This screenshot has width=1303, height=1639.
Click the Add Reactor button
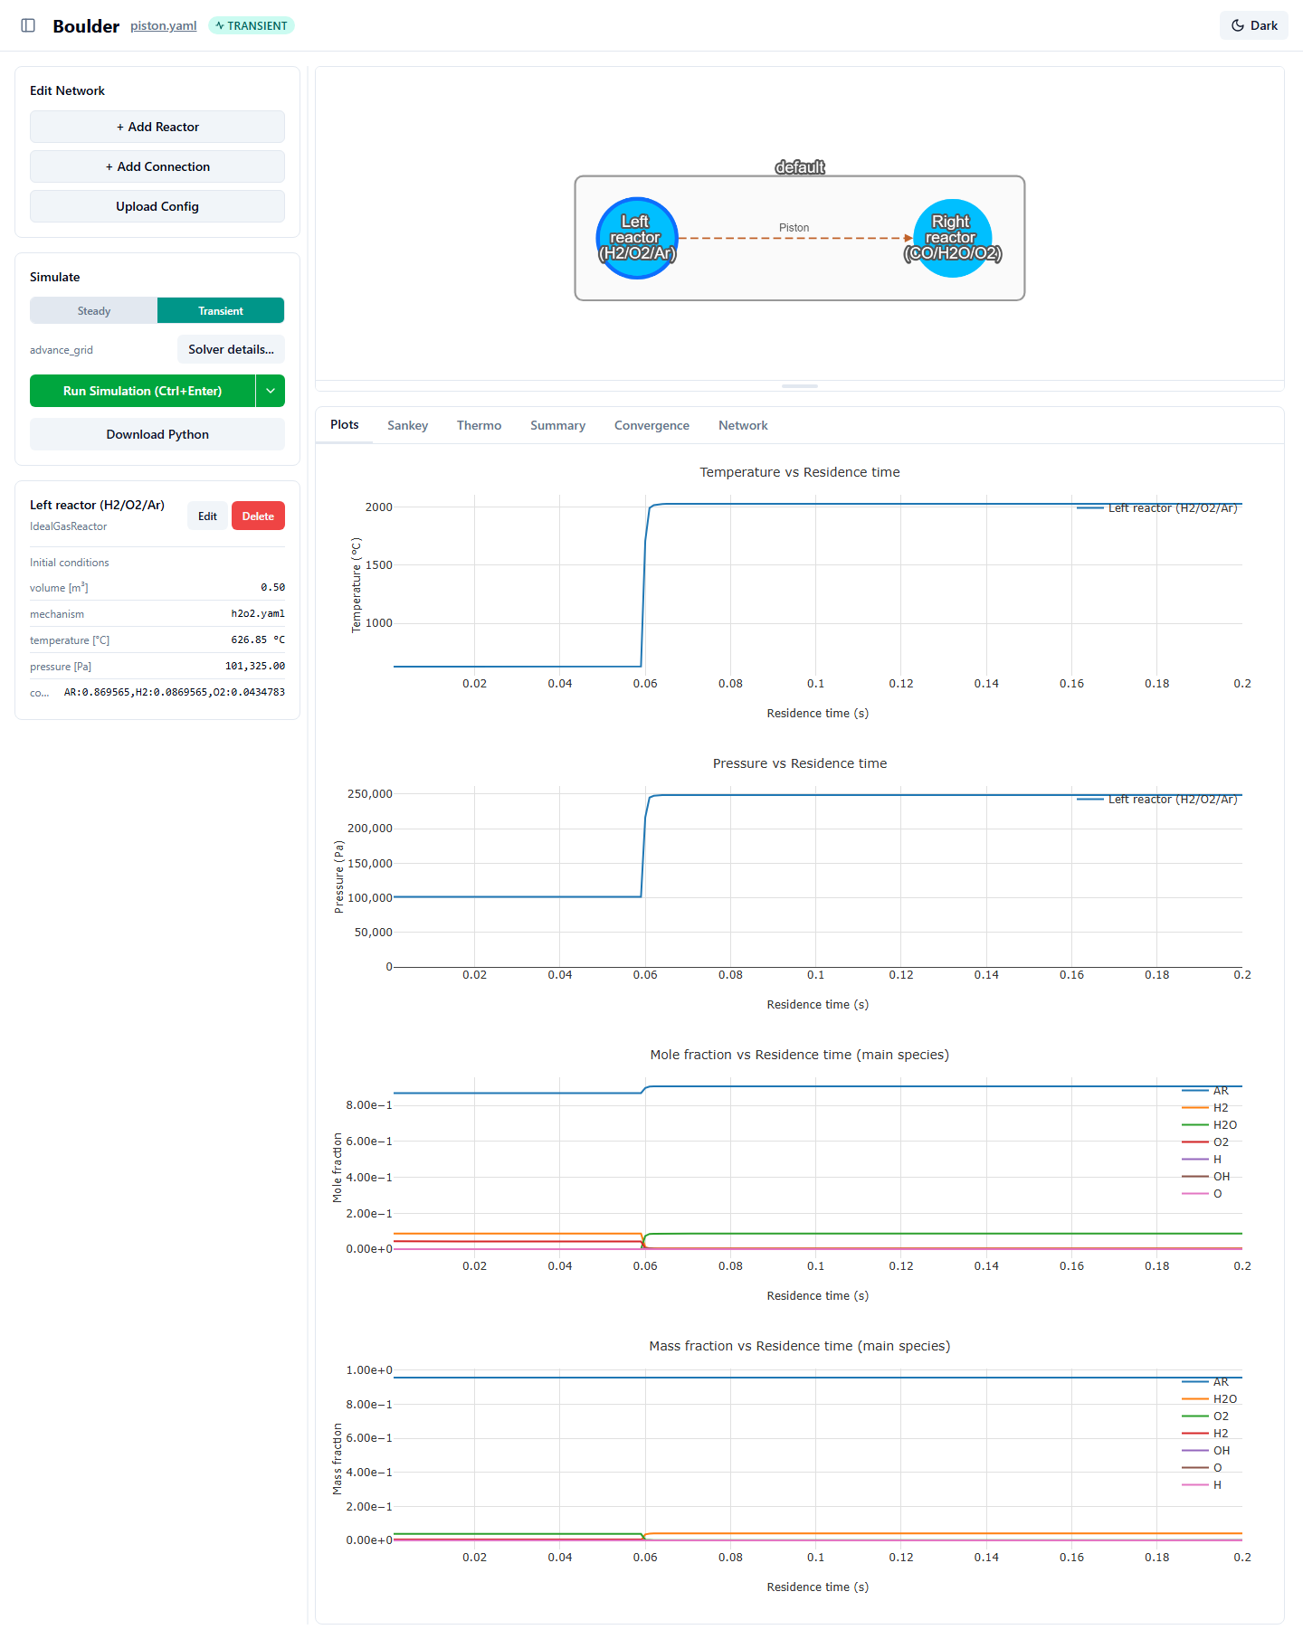[x=157, y=127]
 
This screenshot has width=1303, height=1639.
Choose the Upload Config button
[x=157, y=206]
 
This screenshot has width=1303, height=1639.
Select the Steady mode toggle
[x=94, y=310]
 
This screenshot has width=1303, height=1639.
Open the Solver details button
[x=231, y=349]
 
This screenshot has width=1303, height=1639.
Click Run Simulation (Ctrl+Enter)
[x=143, y=391]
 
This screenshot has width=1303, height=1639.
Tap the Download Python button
[x=157, y=434]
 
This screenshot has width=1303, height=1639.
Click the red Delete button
[x=258, y=516]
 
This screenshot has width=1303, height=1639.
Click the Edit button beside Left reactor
[x=207, y=516]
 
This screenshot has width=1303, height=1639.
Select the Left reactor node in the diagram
[x=636, y=238]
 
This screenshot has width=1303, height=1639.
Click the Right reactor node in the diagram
[x=952, y=238]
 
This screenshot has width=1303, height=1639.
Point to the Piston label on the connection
[x=794, y=228]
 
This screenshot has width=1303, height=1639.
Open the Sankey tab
[x=407, y=425]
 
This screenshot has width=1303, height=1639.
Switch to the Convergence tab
[x=651, y=425]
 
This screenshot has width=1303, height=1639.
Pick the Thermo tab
[x=479, y=425]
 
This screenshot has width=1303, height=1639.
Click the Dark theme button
[x=1254, y=25]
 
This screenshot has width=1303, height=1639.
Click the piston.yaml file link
[x=163, y=25]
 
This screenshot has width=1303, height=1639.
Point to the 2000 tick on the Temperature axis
[x=379, y=507]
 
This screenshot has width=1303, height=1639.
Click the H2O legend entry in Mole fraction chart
[x=1210, y=1124]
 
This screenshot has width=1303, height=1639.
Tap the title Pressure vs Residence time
[x=800, y=763]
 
